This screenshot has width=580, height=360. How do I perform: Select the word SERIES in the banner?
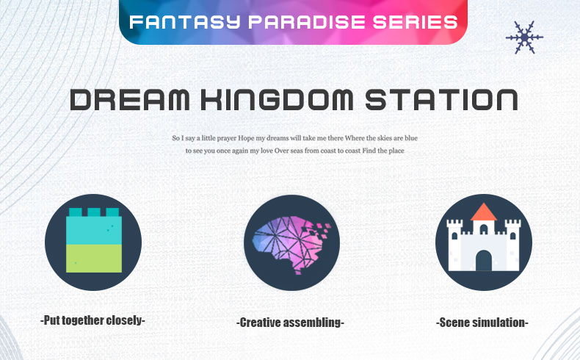pyautogui.click(x=415, y=22)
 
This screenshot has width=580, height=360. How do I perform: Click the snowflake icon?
pyautogui.click(x=524, y=37)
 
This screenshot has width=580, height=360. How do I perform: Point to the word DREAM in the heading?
pyautogui.click(x=130, y=99)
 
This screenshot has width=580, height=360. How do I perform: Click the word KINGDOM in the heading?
pyautogui.click(x=277, y=99)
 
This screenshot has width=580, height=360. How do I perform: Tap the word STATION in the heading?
pyautogui.click(x=441, y=99)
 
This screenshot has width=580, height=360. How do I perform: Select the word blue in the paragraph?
pyautogui.click(x=411, y=138)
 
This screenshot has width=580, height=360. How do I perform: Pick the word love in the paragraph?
pyautogui.click(x=267, y=151)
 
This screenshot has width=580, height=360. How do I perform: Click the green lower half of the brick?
pyautogui.click(x=94, y=259)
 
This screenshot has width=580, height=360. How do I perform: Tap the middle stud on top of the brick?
pyautogui.click(x=94, y=212)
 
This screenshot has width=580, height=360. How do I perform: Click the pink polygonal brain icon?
pyautogui.click(x=291, y=244)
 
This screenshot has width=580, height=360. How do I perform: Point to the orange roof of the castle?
pyautogui.click(x=484, y=212)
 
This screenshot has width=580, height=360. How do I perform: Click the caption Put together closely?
pyautogui.click(x=93, y=320)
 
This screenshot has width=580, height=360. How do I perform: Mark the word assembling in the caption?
pyautogui.click(x=312, y=323)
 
